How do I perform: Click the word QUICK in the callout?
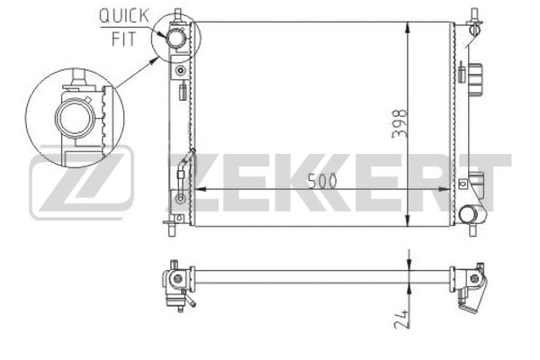124,16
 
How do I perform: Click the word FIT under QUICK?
124,39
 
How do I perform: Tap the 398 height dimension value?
399,123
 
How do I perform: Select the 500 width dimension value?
322,181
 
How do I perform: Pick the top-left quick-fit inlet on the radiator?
176,38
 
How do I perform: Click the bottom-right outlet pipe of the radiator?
469,214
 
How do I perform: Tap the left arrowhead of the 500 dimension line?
201,189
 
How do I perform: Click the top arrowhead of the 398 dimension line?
408,28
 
